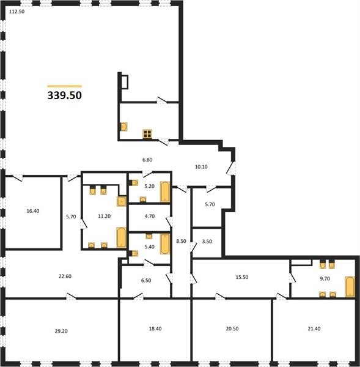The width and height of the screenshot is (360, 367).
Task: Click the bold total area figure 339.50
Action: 65,95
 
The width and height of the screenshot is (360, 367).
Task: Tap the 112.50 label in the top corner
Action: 17,12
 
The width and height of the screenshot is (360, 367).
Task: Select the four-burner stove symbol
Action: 147,134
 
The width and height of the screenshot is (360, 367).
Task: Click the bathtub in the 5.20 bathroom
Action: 165,191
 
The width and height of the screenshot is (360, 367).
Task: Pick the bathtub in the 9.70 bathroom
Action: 350,287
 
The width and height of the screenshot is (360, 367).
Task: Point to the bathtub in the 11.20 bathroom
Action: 122,237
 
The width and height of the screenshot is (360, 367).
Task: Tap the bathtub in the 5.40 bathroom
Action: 165,244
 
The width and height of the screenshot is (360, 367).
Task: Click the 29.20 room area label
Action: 61,331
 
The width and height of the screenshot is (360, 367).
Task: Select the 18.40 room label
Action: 155,328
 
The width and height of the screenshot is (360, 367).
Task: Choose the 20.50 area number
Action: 232,328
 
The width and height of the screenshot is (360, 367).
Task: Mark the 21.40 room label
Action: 314,328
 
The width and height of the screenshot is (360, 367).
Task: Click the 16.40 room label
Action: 33,211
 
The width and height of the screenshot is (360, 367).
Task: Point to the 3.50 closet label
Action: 207,242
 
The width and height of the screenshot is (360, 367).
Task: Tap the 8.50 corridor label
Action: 182,241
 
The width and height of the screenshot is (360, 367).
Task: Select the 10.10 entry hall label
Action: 201,167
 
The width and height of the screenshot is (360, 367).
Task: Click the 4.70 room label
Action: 150,216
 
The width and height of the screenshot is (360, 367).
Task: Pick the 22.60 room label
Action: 65,276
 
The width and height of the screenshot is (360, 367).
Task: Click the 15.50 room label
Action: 242,277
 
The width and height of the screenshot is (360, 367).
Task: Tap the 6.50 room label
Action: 146,280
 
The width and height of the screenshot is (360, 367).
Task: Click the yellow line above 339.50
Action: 65,86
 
